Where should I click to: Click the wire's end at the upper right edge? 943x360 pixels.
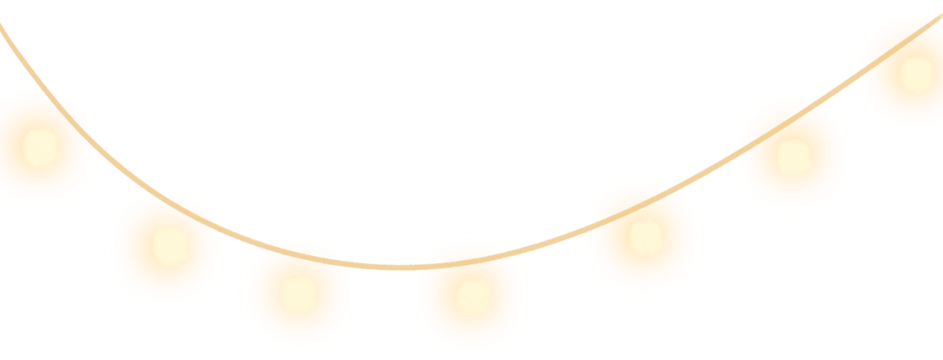[940, 18]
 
